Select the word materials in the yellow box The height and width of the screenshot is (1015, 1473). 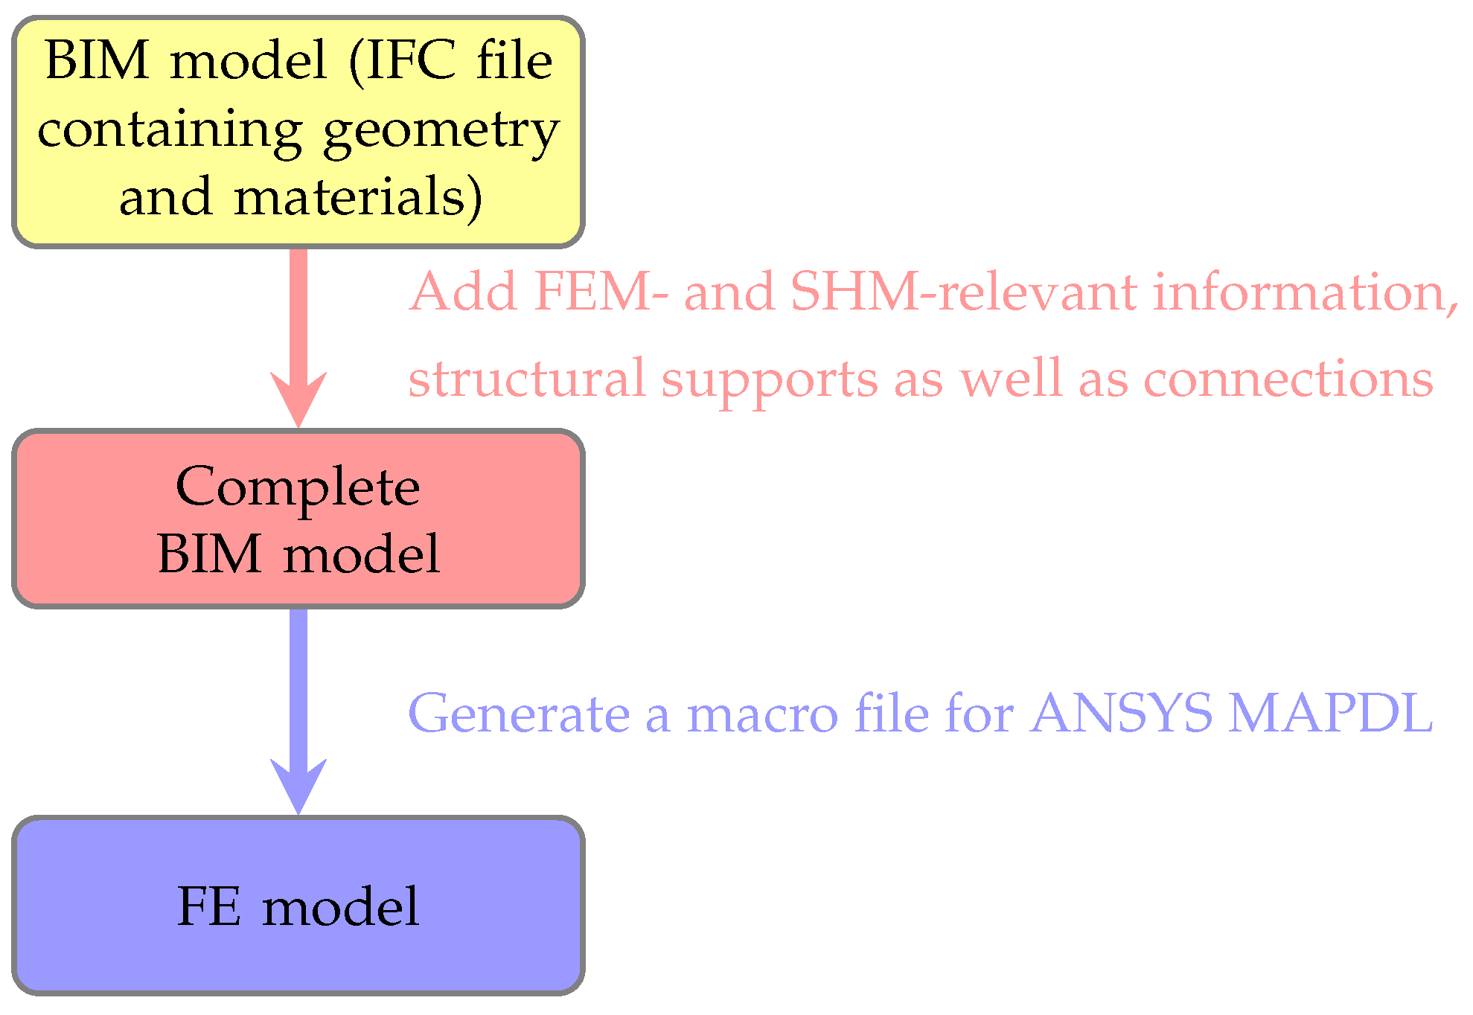tap(357, 198)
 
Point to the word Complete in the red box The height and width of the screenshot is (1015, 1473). tap(298, 488)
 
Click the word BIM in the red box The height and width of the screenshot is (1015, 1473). tap(209, 554)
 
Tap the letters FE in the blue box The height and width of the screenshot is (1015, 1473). tap(209, 907)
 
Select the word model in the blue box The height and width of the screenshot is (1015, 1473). tap(340, 907)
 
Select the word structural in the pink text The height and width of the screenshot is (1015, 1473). tap(527, 379)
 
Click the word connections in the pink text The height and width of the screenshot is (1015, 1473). tap(1288, 379)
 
